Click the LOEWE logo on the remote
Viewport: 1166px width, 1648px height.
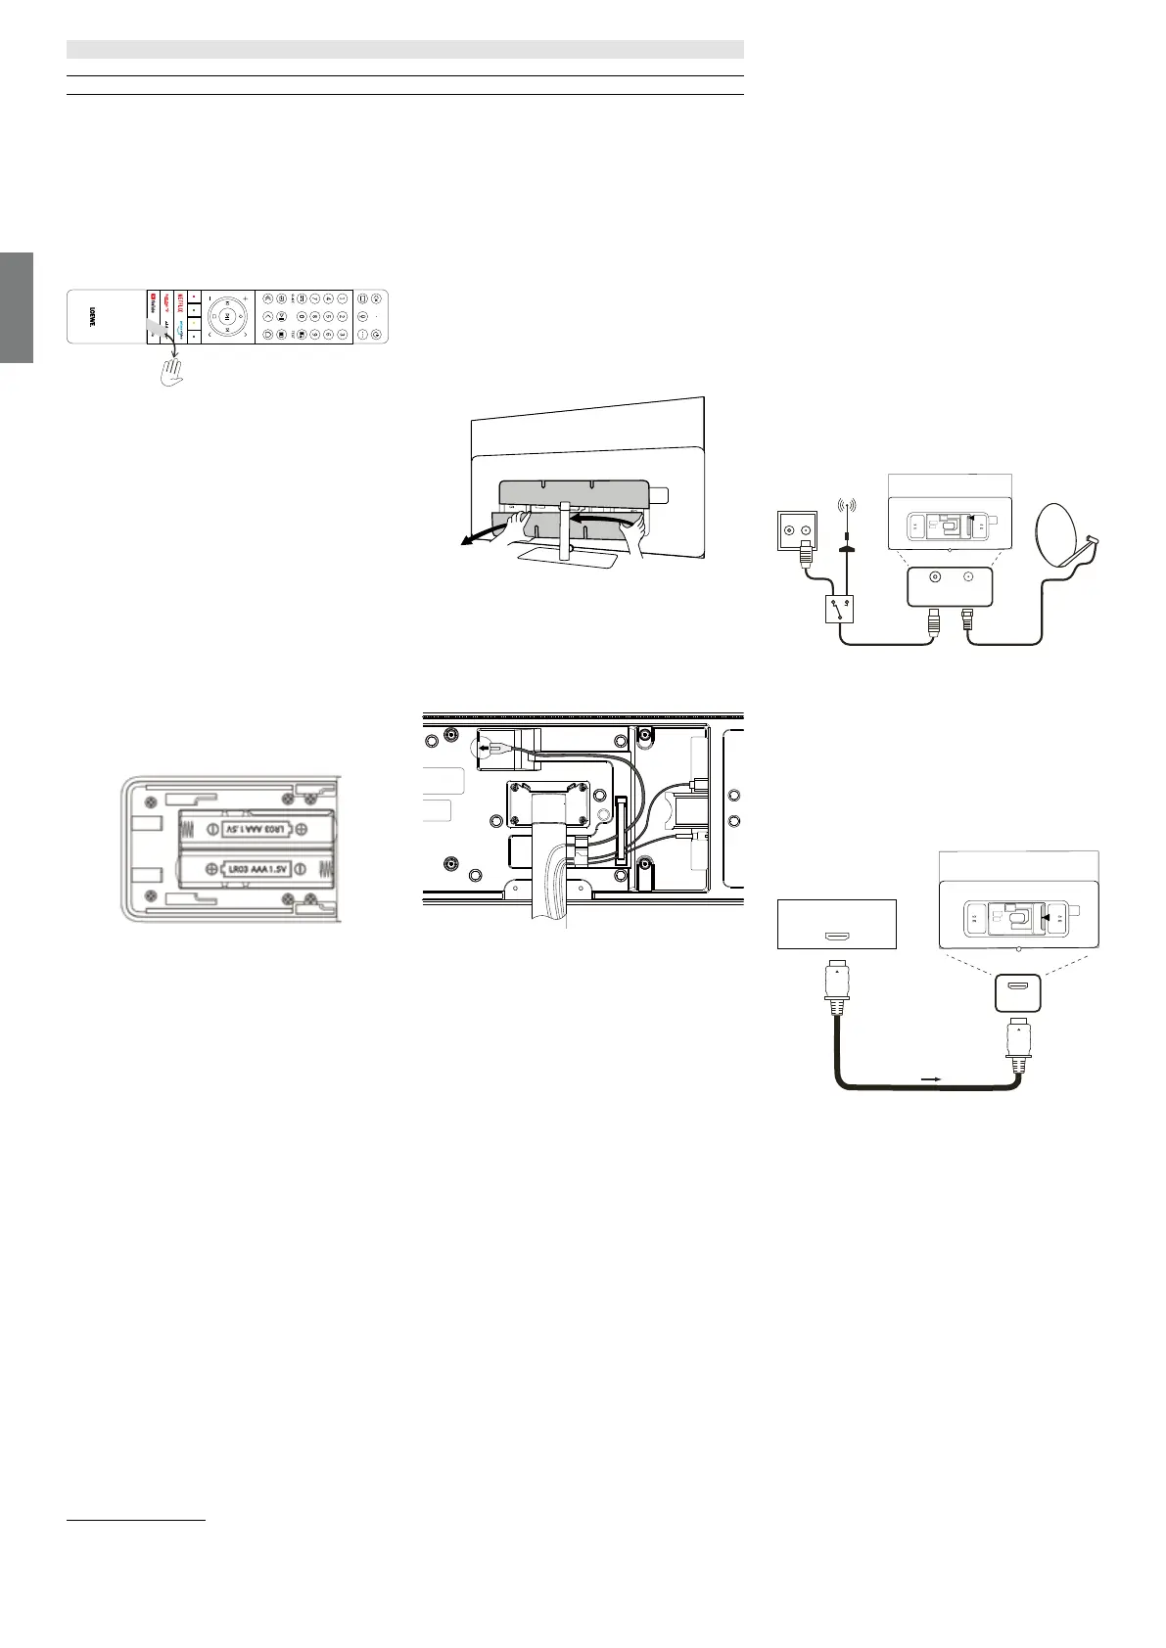[92, 316]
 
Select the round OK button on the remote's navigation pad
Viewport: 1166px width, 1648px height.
[226, 316]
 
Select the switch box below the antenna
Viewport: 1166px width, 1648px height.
[839, 612]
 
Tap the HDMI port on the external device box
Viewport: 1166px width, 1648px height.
[837, 937]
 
